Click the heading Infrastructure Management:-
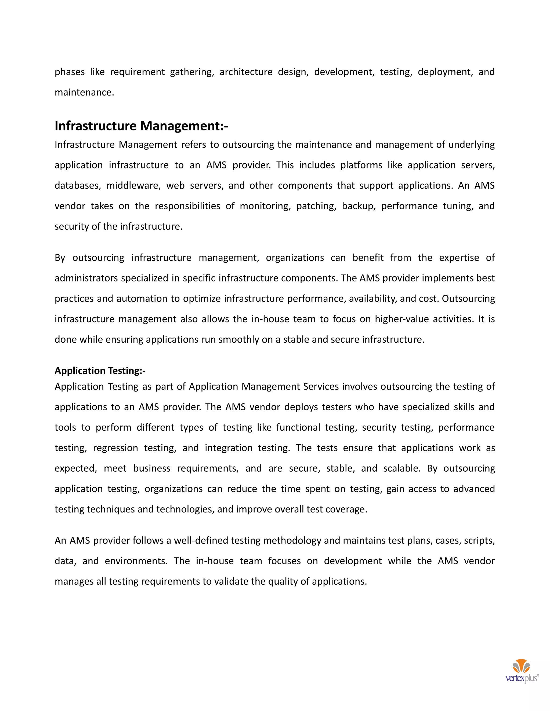(141, 126)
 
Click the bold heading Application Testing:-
(100, 371)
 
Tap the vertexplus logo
(522, 671)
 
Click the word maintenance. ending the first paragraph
(84, 93)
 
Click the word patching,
(316, 206)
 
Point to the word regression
(115, 448)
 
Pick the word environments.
(136, 561)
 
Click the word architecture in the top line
(246, 72)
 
